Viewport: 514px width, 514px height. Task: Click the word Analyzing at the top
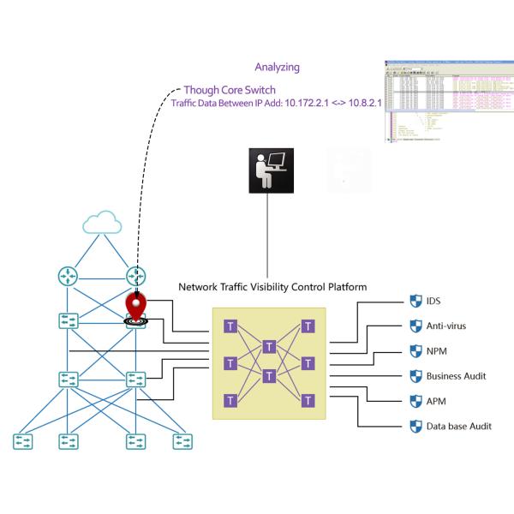click(278, 66)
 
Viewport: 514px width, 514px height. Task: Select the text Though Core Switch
click(230, 89)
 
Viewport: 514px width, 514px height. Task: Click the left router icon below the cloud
click(68, 276)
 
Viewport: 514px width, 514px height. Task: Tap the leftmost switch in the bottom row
click(21, 441)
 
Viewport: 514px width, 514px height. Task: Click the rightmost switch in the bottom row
click(182, 441)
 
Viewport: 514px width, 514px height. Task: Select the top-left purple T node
click(230, 326)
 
